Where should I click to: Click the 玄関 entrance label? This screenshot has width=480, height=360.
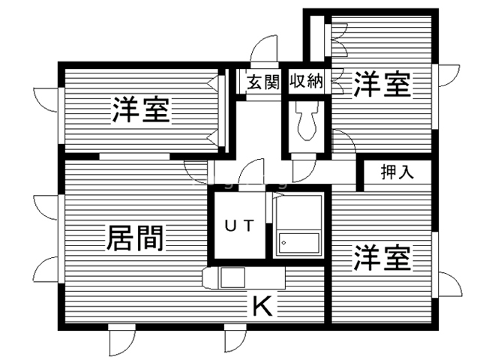coord(263,82)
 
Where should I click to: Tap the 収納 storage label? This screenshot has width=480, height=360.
coord(307,81)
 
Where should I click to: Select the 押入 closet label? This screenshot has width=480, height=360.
coord(397,172)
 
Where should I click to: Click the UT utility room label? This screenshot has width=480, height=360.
coord(240,226)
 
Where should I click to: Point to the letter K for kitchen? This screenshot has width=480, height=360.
coord(262,307)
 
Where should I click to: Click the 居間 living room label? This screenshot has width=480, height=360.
coord(134,238)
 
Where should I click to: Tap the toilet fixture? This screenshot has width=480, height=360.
coord(307,121)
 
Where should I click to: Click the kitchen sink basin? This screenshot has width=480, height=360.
coord(232,277)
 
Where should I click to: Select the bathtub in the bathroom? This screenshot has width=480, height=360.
coord(299,243)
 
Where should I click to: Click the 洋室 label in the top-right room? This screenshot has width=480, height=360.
coord(382,84)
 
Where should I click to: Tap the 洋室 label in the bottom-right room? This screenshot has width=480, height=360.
coord(382,258)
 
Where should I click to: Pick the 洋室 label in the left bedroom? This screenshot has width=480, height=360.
coord(141,109)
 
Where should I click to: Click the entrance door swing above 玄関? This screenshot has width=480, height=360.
coord(264,49)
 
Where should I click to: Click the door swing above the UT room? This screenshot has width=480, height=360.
coord(251,172)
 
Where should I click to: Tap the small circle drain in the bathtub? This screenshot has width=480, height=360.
coord(283,243)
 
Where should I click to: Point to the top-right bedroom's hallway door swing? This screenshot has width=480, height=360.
coord(343,142)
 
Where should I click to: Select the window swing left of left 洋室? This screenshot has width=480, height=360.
coord(46,100)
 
